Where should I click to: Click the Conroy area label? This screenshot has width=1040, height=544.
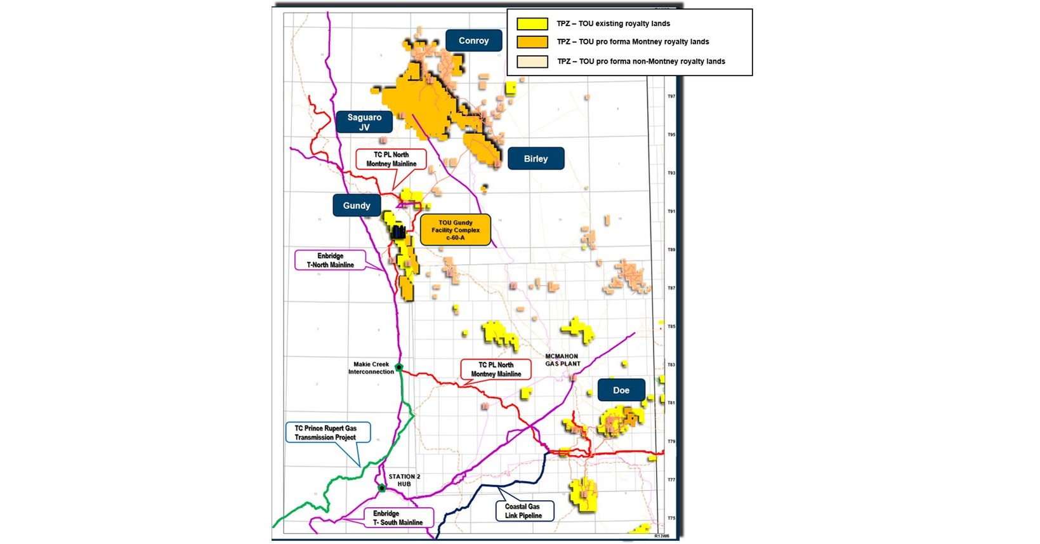coord(473,41)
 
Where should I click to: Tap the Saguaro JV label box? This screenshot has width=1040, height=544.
coord(364,122)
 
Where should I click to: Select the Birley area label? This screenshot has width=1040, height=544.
coord(536,159)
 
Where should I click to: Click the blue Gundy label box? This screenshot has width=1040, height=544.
coord(357,206)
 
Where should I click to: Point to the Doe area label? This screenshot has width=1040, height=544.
coord(621,390)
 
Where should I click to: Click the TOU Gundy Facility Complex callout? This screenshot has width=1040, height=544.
coord(456,230)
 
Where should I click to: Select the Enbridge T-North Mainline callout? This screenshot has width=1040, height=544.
coord(330,260)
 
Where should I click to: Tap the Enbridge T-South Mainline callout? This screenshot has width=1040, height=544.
coord(398,518)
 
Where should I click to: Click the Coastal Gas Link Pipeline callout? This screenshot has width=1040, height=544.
coord(523,511)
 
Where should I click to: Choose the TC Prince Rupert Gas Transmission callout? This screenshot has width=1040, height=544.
coord(326,433)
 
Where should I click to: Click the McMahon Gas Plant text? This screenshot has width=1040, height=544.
coord(562,360)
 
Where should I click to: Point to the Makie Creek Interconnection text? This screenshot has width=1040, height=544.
coord(371,368)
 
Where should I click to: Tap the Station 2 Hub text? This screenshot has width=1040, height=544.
coord(404,480)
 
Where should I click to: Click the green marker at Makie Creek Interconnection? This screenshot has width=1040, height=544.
coord(398,367)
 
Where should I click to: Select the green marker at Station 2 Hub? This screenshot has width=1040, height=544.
coord(382,488)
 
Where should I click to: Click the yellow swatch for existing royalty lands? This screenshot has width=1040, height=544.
coord(532,24)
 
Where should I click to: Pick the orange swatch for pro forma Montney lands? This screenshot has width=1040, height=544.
coord(532,42)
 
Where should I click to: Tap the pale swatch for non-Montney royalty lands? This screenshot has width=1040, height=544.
coord(532,62)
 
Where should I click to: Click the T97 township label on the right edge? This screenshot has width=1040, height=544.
coord(671,96)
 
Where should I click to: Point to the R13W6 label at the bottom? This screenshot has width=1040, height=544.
coord(661,536)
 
